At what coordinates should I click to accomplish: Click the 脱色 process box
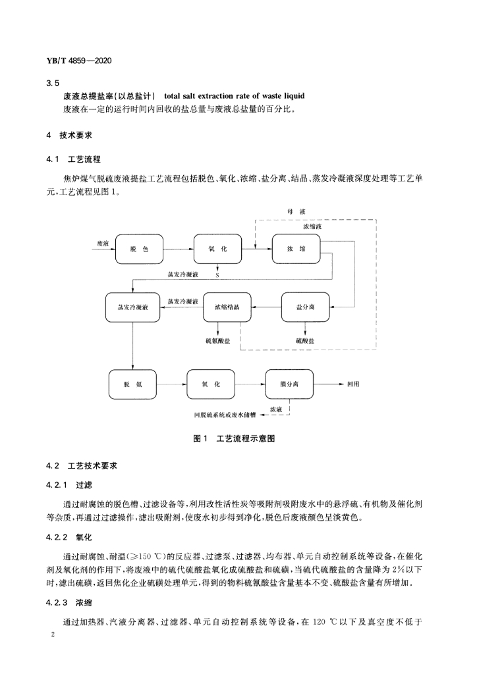(139, 249)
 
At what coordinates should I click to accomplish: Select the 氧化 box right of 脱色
(217, 249)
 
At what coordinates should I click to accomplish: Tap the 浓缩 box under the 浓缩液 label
(296, 249)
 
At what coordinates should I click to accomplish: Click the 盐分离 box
(306, 307)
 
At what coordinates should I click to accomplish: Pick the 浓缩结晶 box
(227, 307)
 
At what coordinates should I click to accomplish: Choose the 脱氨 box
(132, 384)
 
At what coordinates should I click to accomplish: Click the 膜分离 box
(289, 384)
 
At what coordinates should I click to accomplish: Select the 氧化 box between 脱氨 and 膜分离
(211, 384)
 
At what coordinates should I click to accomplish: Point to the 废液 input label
(103, 244)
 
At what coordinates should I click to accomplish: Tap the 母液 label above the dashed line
(296, 211)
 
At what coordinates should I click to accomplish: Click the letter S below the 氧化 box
(217, 275)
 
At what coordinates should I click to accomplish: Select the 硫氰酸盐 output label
(217, 341)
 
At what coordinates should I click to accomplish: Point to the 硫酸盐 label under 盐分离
(306, 341)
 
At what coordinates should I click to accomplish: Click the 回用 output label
(353, 384)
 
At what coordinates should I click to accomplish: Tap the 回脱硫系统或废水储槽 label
(225, 415)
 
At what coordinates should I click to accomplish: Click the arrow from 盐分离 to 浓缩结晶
(266, 307)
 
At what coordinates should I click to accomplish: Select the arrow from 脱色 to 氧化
(179, 249)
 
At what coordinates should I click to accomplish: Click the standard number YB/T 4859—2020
(78, 61)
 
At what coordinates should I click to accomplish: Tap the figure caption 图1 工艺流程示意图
(235, 439)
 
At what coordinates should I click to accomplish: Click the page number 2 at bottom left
(53, 635)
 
